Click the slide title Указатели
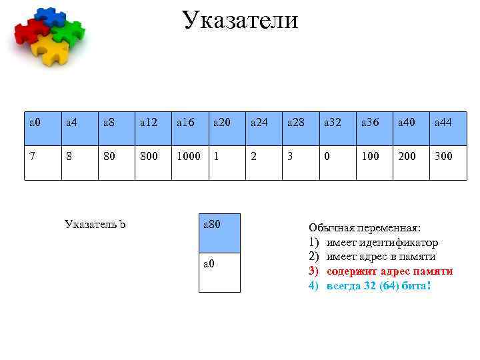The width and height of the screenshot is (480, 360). [240, 20]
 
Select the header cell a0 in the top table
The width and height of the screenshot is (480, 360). [43, 122]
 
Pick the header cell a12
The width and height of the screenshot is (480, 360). [154, 122]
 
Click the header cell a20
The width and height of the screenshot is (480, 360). [227, 122]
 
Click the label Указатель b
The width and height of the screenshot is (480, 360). [95, 223]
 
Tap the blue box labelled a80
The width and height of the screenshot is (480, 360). [219, 233]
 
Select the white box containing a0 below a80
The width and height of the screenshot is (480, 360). [219, 272]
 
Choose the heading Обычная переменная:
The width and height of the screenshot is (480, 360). [365, 227]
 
